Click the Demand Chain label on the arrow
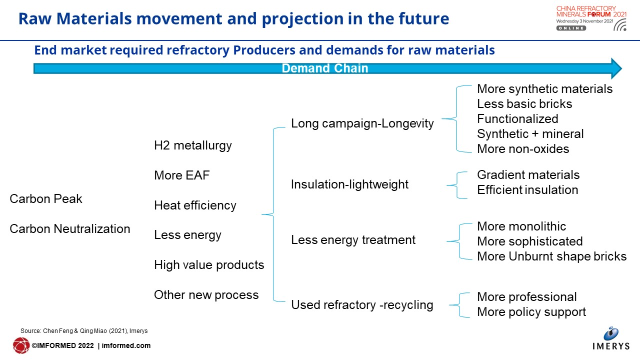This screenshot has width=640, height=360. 325,68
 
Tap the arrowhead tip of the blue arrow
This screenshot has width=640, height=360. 621,68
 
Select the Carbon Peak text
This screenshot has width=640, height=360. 45,199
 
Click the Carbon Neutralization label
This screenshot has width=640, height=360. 69,229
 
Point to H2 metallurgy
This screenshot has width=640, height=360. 193,145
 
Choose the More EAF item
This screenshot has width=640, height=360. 181,175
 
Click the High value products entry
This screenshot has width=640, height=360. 209,265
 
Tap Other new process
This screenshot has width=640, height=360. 206,295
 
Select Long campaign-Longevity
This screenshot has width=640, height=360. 362,123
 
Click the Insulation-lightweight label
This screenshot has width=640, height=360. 349,184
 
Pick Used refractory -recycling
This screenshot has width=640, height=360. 362,305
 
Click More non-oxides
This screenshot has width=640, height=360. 523,149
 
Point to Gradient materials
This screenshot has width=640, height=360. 528,175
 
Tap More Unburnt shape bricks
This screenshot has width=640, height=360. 551,256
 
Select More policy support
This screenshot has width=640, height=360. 531,312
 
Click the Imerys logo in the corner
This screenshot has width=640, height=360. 611,338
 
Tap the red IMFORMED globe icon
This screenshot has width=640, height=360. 21,345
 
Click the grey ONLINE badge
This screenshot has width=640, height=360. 571,28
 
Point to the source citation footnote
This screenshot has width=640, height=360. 84,331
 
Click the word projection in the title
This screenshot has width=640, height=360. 302,19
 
